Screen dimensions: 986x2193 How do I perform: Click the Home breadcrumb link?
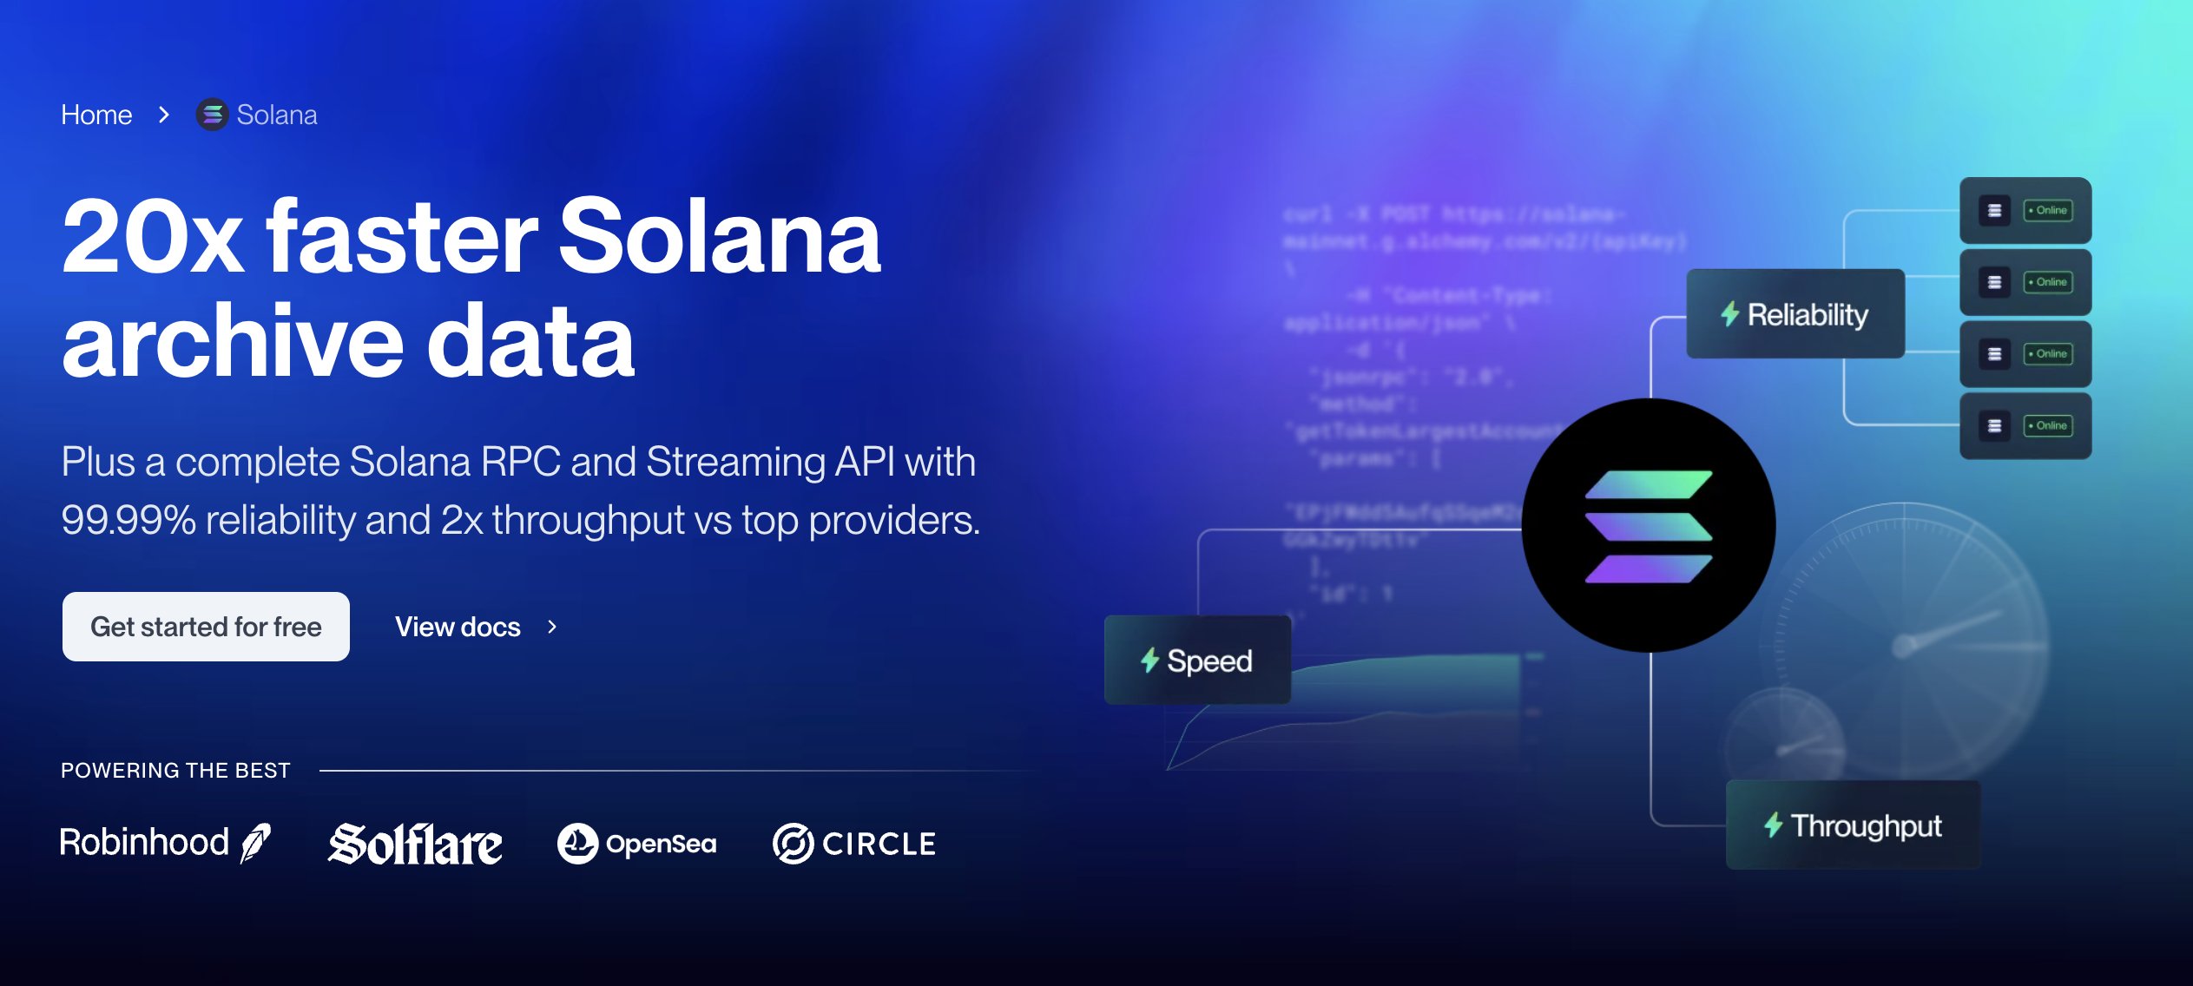(x=96, y=115)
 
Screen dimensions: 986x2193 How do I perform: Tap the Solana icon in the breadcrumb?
(x=212, y=115)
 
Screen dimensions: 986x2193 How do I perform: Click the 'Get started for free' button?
(x=206, y=627)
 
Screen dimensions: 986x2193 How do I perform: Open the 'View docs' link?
(x=458, y=627)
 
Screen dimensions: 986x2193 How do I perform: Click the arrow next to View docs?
(x=552, y=627)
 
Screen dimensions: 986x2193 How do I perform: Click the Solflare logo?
(x=415, y=844)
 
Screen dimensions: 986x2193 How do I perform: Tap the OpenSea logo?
(x=637, y=844)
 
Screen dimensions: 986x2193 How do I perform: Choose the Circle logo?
(x=854, y=844)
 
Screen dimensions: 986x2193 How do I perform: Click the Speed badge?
(x=1197, y=661)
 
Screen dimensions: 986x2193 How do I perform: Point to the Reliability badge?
(x=1795, y=314)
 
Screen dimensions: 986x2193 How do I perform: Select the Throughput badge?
(x=1853, y=825)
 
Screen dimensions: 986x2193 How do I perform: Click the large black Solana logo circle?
(x=1648, y=526)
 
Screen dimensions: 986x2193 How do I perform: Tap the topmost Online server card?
(x=2025, y=211)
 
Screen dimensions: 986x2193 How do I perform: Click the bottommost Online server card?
(x=2025, y=426)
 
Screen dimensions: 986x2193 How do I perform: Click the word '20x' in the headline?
(x=153, y=237)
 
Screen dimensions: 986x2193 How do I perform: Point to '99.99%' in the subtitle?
(x=128, y=520)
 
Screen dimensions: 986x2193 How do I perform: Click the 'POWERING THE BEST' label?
(x=175, y=771)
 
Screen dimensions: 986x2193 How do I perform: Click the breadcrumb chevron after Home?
(x=164, y=115)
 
